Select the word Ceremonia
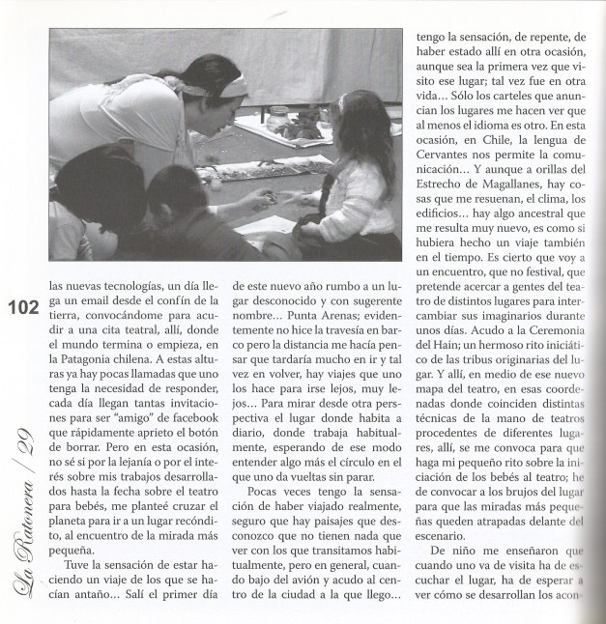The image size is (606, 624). coord(547,356)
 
